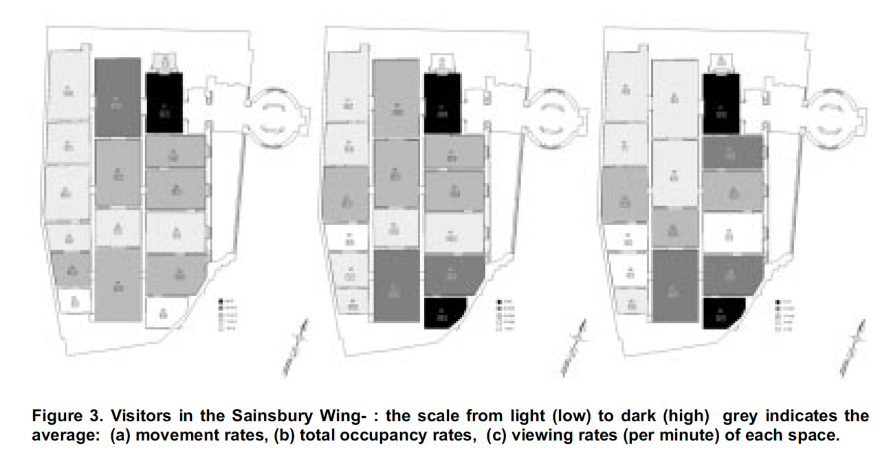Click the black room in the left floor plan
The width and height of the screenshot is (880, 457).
tap(164, 103)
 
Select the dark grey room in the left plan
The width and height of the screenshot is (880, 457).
tap(117, 98)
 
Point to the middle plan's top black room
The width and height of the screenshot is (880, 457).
tap(441, 103)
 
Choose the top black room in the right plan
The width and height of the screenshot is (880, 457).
tap(720, 103)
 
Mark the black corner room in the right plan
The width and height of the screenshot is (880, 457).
tap(721, 313)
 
